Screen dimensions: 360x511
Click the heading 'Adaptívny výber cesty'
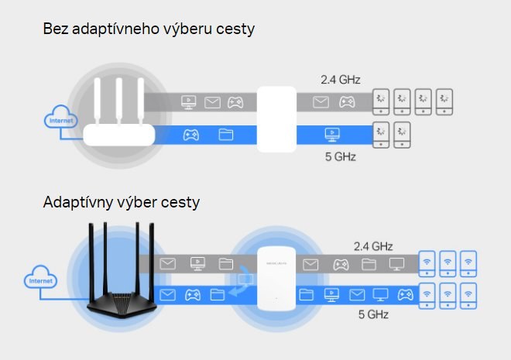coord(122,203)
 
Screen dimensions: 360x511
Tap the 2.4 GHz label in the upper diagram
coord(341,79)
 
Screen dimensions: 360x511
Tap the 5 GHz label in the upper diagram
coord(341,156)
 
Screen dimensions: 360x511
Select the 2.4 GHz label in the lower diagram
coord(372,246)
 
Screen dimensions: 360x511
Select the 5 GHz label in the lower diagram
coord(372,314)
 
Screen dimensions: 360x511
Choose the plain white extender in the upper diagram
coord(276,119)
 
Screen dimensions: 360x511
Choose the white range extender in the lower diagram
coord(276,280)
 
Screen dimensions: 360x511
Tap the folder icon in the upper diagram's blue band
coord(226,135)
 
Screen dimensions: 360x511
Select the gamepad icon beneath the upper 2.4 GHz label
coord(348,101)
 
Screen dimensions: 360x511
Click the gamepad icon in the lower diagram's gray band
coord(339,265)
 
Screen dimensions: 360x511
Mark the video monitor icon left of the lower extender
coord(197,265)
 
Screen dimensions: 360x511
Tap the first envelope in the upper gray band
coord(212,101)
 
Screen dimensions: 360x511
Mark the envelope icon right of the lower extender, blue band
coord(357,295)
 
